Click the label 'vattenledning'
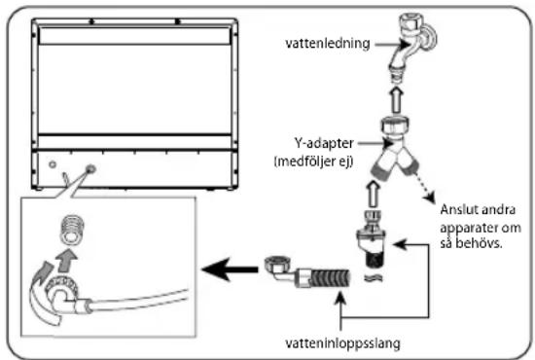tap(328, 44)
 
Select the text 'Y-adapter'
tap(324, 143)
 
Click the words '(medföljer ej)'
tap(313, 162)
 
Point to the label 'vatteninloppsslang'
tap(342, 343)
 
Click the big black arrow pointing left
tap(230, 270)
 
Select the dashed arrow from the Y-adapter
tap(424, 188)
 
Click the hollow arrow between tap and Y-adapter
tap(397, 100)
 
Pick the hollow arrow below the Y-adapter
tap(374, 194)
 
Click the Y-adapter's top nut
tap(395, 126)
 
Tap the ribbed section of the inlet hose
tap(331, 278)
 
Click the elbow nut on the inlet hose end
tap(277, 265)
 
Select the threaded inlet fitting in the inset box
tap(72, 230)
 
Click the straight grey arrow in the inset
tap(66, 260)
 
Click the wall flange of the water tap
tap(430, 39)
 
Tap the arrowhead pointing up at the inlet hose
tap(341, 298)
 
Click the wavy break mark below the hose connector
tap(374, 278)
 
